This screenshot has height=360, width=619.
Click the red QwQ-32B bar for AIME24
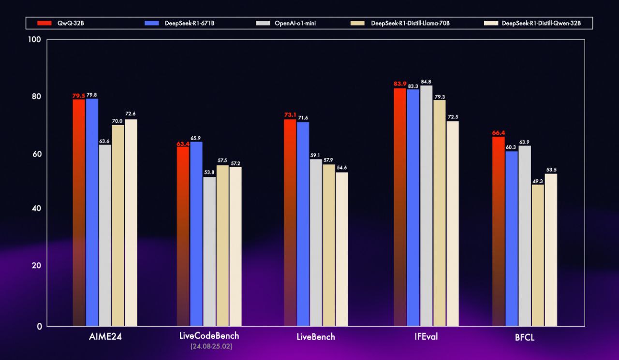(79, 213)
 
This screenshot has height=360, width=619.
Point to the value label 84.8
(426, 82)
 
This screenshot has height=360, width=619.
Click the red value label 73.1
(290, 115)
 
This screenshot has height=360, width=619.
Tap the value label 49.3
(538, 181)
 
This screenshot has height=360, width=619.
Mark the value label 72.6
(131, 114)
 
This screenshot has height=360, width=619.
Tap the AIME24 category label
(105, 337)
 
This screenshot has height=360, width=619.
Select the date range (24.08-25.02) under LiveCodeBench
(209, 346)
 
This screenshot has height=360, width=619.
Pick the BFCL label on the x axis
(525, 337)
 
